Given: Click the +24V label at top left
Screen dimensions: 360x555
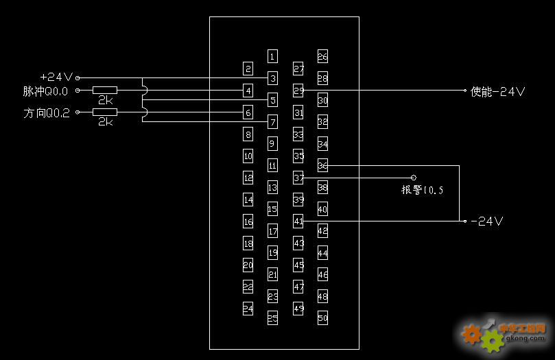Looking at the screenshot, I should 57,77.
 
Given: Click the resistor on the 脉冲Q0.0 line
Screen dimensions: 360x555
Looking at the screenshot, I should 105,90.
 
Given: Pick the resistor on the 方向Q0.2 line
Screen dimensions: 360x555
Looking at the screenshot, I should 105,112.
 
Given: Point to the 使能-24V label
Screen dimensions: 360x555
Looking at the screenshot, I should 498,91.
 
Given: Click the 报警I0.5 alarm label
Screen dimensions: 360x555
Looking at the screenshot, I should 422,190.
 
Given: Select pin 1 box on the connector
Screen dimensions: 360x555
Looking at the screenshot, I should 272,56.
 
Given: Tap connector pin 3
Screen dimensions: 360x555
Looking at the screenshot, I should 272,78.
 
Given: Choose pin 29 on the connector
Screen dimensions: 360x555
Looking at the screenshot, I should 298,90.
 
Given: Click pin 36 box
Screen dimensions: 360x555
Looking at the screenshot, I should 323,165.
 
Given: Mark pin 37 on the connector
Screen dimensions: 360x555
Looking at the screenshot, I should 298,178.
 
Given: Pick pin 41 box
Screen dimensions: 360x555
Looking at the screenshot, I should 298,221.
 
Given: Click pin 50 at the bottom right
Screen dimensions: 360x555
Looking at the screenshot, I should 323,318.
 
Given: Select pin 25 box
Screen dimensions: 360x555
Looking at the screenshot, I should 272,318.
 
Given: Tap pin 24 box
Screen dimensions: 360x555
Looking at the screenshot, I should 248,309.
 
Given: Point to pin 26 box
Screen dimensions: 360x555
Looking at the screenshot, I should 323,56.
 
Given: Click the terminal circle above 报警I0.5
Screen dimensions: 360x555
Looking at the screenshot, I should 414,177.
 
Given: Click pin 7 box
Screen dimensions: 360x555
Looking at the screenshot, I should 272,122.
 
